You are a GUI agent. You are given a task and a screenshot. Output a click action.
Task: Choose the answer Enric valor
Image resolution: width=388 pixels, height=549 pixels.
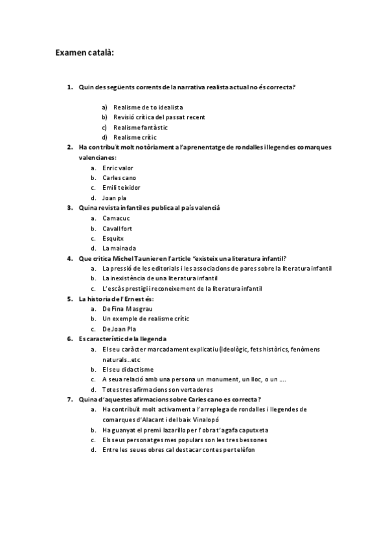[117, 168]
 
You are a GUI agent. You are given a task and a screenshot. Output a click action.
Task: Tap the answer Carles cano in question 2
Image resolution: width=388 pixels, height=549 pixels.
[119, 177]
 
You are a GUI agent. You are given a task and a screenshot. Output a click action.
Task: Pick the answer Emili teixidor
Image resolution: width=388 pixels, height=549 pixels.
[121, 188]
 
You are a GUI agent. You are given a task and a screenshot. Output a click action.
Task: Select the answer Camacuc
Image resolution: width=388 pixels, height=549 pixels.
[116, 218]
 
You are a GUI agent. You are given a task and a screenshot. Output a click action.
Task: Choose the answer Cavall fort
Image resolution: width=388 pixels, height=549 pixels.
[119, 228]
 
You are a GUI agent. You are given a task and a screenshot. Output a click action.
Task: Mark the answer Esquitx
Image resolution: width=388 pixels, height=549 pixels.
[113, 238]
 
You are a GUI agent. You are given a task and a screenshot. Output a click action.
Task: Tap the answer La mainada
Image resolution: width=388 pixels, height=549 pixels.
[117, 248]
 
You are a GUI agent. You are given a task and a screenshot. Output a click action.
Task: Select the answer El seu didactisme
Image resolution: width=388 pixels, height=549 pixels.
[128, 369]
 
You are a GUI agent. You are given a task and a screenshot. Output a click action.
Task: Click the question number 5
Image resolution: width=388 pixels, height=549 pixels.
[70, 298]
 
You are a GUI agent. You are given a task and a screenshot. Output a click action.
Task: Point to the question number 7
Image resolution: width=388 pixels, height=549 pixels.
[70, 399]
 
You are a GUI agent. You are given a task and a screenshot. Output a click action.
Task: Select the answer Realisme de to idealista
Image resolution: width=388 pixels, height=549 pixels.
[148, 107]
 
